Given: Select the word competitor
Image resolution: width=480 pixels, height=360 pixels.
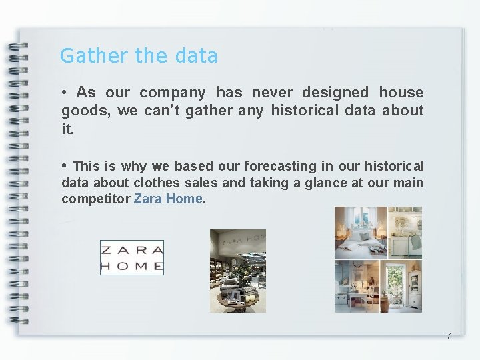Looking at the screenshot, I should click(96, 199).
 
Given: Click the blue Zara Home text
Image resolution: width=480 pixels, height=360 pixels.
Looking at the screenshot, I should click(168, 199).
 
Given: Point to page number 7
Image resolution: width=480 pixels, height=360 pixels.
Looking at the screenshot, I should click(449, 336).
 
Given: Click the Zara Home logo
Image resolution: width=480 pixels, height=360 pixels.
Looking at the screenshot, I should click(131, 258).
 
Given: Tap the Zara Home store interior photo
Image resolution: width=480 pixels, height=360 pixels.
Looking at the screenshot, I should click(237, 270).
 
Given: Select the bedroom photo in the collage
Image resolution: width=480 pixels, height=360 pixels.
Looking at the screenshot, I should click(360, 233).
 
